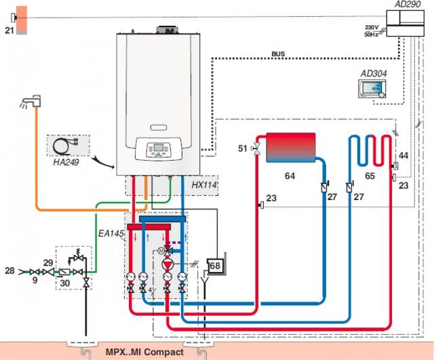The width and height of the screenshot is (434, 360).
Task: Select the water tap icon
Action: coord(31,102)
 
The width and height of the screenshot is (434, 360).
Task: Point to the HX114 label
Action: coord(204,185)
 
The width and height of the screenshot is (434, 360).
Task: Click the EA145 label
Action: coord(111,233)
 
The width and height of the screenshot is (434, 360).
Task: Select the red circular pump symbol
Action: coord(167,265)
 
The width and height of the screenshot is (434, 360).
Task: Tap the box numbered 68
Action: coord(216,266)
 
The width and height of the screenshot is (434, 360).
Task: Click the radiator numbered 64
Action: coord(291,148)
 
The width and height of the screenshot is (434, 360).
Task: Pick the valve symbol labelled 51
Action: coord(257,149)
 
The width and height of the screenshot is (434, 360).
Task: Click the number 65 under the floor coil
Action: coord(370,176)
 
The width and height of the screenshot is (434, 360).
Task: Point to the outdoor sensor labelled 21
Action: coord(20,20)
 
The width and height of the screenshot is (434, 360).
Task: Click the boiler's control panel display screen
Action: coord(158,147)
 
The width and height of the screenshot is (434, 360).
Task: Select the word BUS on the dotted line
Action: coord(278,54)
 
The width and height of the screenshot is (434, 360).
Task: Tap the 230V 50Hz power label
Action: coord(372,31)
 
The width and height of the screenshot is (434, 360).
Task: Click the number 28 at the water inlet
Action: coord(9,271)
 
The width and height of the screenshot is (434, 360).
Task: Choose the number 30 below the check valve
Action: coord(65,283)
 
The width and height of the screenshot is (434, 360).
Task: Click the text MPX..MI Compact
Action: coord(144,352)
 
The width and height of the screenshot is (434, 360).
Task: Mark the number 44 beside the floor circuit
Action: coord(403,155)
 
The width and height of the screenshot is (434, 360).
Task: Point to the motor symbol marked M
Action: coord(161,251)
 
